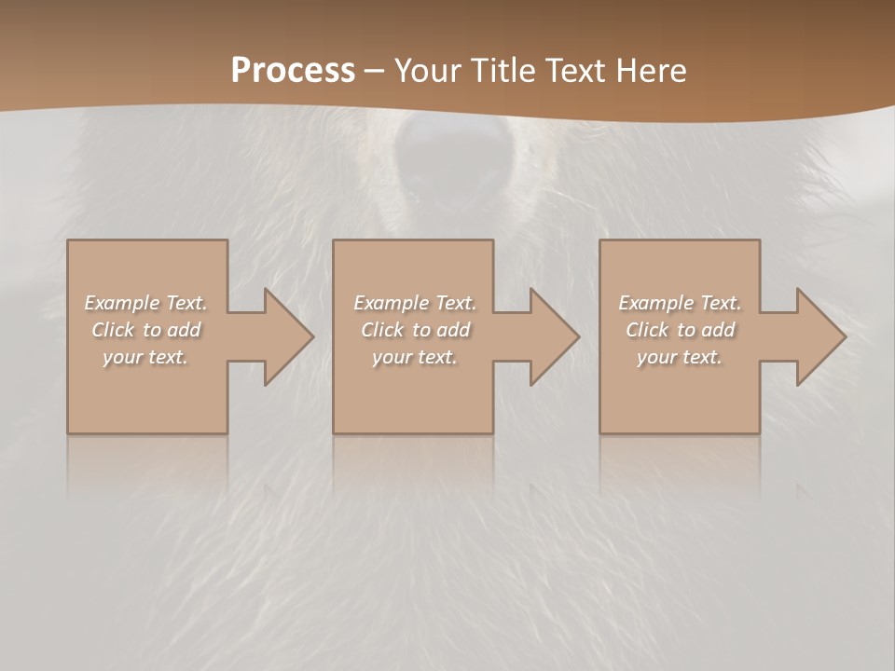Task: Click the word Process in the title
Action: pyautogui.click(x=293, y=71)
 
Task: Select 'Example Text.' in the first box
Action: pyautogui.click(x=145, y=303)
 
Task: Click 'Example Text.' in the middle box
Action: pyautogui.click(x=414, y=303)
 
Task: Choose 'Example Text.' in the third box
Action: pyautogui.click(x=680, y=303)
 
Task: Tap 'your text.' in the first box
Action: pyautogui.click(x=145, y=357)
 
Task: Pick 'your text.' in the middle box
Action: pyautogui.click(x=414, y=357)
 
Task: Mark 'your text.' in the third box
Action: pyautogui.click(x=680, y=357)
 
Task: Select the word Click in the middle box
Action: pyautogui.click(x=382, y=330)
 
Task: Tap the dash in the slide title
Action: pyautogui.click(x=374, y=72)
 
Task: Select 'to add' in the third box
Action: pyautogui.click(x=706, y=330)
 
